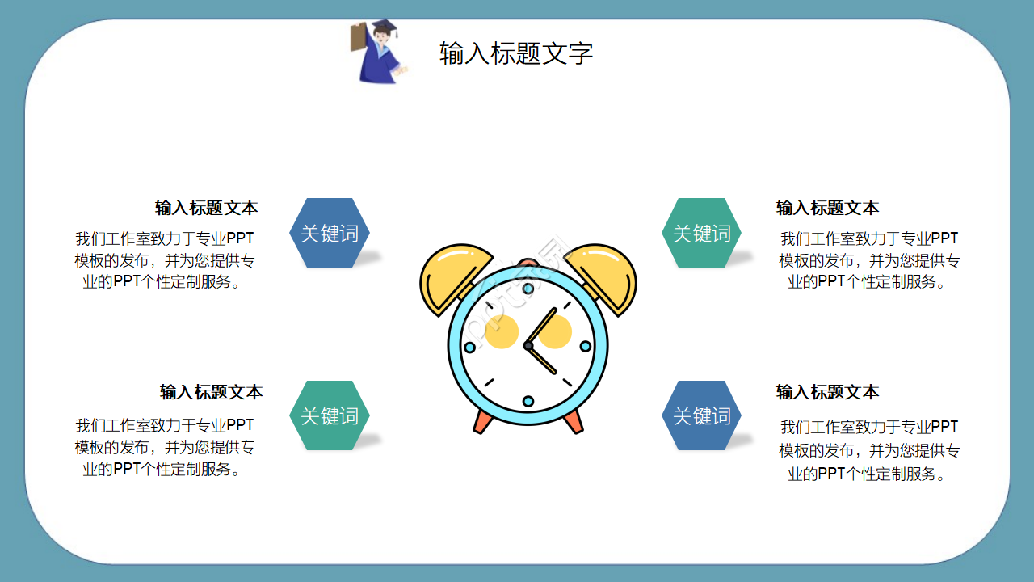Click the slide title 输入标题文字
click(x=516, y=53)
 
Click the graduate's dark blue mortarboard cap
click(x=385, y=27)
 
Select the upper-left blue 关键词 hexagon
click(x=330, y=233)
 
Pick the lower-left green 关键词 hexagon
click(x=330, y=415)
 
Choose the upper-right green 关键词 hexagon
click(x=701, y=233)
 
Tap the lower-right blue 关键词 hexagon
click(x=701, y=415)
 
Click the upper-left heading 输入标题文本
click(x=207, y=208)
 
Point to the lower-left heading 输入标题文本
click(x=211, y=392)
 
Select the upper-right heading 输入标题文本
click(x=827, y=208)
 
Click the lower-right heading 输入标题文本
click(x=827, y=392)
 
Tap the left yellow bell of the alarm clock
click(x=452, y=276)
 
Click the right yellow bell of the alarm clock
click(x=604, y=276)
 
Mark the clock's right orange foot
click(x=574, y=420)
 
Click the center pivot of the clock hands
click(x=528, y=346)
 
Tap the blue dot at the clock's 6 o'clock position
click(x=528, y=401)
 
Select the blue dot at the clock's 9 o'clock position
click(x=470, y=347)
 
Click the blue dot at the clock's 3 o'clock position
click(x=586, y=346)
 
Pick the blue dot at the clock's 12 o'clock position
click(x=528, y=289)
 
